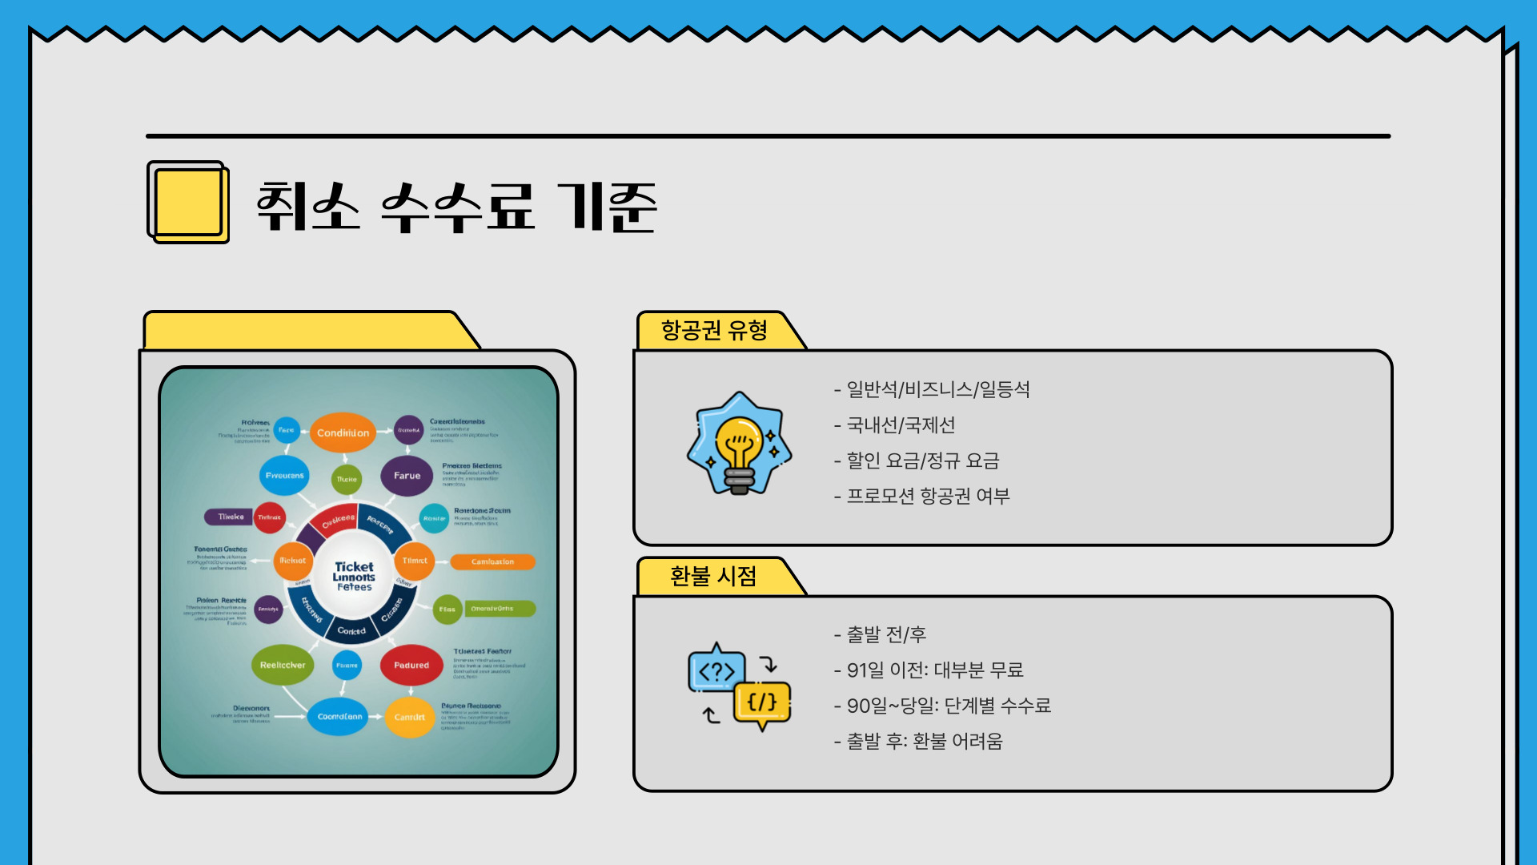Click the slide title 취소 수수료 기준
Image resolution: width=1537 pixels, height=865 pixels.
[456, 207]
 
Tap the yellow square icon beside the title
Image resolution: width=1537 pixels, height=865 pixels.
[188, 202]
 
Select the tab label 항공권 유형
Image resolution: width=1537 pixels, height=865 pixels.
[714, 330]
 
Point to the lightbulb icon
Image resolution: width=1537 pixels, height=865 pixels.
[739, 445]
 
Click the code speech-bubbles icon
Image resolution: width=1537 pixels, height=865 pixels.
[738, 686]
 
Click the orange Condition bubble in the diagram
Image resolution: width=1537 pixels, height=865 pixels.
[343, 432]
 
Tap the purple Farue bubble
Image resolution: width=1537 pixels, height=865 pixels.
[407, 476]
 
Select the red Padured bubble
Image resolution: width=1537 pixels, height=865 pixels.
[411, 665]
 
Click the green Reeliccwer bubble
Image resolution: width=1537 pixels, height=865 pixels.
[283, 665]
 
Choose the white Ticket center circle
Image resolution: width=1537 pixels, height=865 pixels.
[354, 576]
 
